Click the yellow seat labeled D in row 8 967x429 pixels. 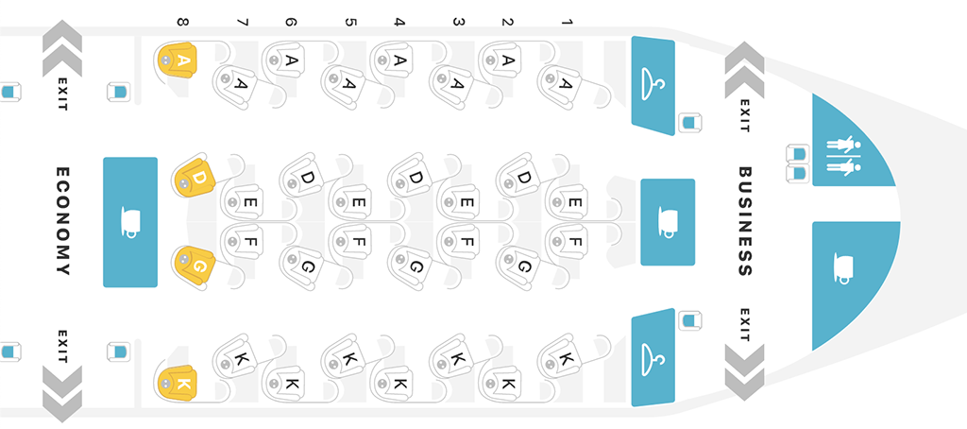(x=193, y=176)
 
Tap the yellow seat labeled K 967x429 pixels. (x=178, y=383)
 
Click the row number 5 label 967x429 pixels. (x=350, y=23)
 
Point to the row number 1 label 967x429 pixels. (x=567, y=23)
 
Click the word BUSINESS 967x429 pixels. (x=746, y=221)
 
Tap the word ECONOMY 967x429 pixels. (x=63, y=221)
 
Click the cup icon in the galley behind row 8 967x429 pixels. (x=131, y=222)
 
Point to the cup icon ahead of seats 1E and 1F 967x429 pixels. (x=669, y=222)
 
